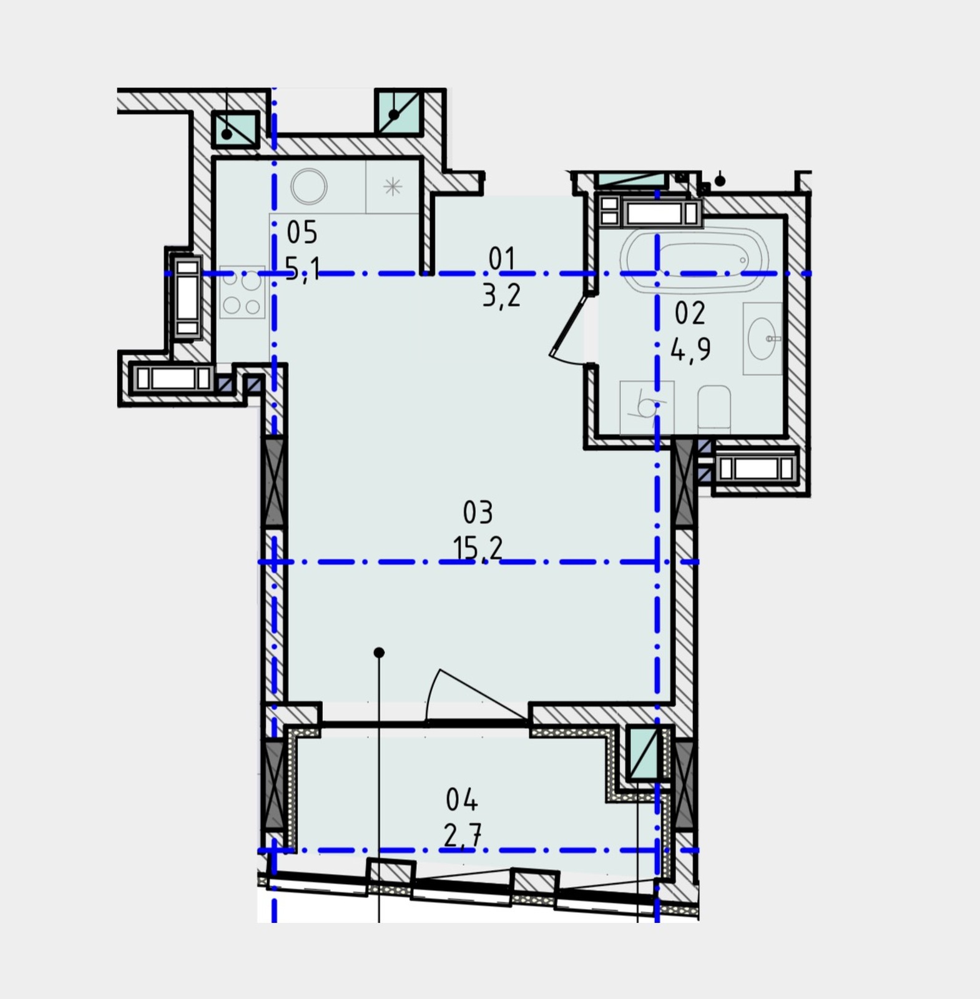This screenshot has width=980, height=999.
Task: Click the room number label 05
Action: (x=302, y=232)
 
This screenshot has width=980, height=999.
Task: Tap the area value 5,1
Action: (x=303, y=269)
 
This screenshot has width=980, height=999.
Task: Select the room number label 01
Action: (x=502, y=258)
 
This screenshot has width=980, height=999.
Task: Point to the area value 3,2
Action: (x=501, y=295)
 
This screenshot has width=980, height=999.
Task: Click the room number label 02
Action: (x=690, y=313)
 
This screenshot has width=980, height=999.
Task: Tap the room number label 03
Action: (x=478, y=512)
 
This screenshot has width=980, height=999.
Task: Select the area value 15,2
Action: (x=478, y=548)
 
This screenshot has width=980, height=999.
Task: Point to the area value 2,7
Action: (x=463, y=834)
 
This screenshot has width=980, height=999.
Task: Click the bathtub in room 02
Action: (x=695, y=260)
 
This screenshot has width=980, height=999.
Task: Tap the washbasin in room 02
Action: (x=763, y=338)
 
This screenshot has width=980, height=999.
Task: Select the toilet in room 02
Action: (x=714, y=408)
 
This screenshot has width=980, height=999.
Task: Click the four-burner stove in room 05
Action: (x=242, y=292)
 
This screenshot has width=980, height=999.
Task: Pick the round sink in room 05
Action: (x=309, y=186)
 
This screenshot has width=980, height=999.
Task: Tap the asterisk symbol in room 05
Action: (x=393, y=186)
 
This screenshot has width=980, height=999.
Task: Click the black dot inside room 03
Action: (x=379, y=652)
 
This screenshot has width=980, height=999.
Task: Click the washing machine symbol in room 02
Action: (x=647, y=408)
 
